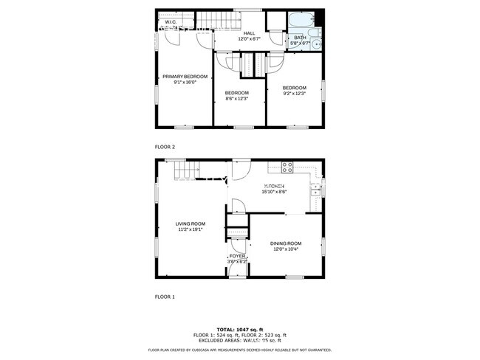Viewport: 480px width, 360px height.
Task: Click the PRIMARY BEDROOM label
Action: coord(185,77)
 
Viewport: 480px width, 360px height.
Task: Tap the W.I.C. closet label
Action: coord(170,22)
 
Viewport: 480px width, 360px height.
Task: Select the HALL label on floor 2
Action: coord(249,33)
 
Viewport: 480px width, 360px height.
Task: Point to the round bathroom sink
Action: coord(317,44)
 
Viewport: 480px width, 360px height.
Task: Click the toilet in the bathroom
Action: coord(312,32)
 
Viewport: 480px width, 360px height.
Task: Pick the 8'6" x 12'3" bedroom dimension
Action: coord(237,98)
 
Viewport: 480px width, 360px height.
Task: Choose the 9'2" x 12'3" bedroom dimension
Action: coord(294,94)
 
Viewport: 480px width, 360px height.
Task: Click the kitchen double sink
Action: coord(315,189)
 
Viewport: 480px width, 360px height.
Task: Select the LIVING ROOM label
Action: coord(191,224)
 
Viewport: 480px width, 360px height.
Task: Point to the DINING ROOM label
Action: coord(286,243)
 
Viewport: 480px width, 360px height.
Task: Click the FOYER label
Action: coord(237,256)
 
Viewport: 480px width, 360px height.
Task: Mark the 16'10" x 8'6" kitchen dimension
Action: coord(274,192)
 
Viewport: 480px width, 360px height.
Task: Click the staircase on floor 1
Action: coord(185,171)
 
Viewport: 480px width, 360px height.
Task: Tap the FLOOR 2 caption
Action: coord(165,147)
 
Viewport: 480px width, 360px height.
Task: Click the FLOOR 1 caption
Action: coord(165,297)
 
